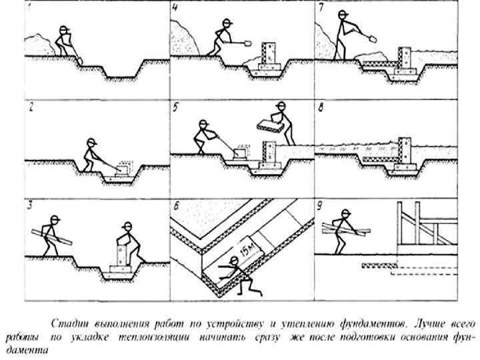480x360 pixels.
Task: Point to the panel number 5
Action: (175, 107)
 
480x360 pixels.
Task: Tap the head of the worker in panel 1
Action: (64, 31)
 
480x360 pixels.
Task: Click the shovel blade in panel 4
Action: (247, 45)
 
